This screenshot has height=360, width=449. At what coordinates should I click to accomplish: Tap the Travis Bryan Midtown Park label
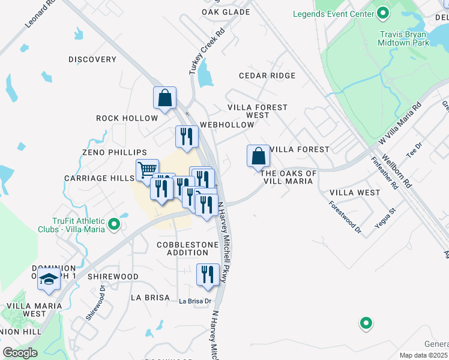(x=403, y=39)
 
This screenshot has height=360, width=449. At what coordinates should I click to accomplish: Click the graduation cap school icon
(x=49, y=279)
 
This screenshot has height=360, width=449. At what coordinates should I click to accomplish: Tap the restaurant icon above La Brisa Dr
(x=208, y=275)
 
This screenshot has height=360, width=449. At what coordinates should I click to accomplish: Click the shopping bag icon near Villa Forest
(x=258, y=156)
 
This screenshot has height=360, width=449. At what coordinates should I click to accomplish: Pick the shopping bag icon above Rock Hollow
(x=164, y=97)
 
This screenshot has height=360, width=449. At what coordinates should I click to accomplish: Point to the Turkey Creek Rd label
(x=206, y=52)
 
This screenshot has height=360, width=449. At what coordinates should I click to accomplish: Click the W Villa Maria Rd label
(x=400, y=122)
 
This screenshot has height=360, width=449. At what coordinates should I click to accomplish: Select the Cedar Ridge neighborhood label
(x=267, y=76)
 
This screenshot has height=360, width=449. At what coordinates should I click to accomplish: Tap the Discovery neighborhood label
(x=92, y=59)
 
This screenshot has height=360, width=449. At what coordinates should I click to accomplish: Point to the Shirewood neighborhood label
(x=113, y=277)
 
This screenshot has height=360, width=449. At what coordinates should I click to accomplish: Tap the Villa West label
(x=355, y=193)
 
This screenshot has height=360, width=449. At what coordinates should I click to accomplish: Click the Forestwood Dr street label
(x=345, y=216)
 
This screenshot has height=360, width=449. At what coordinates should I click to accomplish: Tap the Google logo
(x=20, y=353)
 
